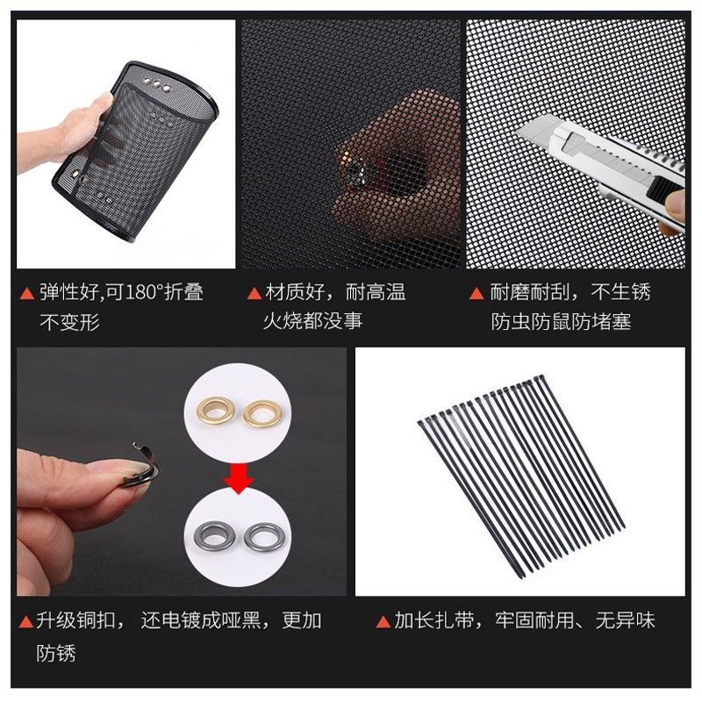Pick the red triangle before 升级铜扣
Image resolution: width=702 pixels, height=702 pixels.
coord(27,622)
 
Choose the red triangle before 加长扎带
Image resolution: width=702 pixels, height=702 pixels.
coord(383,622)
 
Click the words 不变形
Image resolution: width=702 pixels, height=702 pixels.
coord(70,322)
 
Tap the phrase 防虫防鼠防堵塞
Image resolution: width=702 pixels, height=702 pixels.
coord(562,322)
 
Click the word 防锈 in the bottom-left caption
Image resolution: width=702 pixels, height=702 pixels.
coord(56,654)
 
